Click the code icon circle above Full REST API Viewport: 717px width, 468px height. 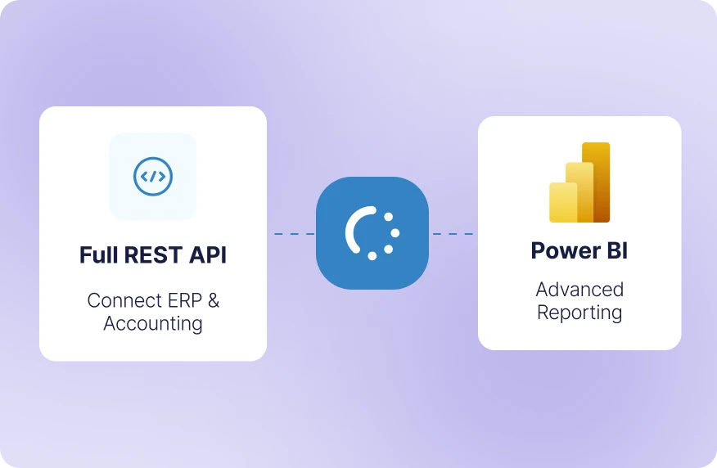click(153, 176)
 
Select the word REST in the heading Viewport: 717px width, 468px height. click(152, 255)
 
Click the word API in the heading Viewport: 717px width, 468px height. click(208, 255)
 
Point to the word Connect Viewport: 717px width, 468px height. click(120, 300)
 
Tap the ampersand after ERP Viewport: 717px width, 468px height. click(213, 300)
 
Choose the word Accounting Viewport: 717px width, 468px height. click(153, 323)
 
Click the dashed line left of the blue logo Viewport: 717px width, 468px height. click(295, 234)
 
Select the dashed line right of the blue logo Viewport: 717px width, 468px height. click(452, 234)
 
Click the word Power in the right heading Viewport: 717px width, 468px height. click(565, 250)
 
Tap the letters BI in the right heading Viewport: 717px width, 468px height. click(616, 250)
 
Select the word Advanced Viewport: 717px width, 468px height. click(579, 290)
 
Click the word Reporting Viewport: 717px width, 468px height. click(579, 313)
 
